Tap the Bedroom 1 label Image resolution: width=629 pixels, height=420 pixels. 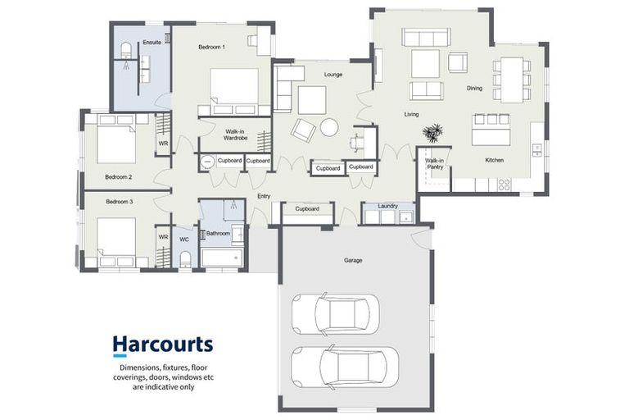pos(211,48)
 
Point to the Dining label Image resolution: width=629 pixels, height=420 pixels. pos(474,88)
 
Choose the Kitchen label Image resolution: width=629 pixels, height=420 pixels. pos(494,159)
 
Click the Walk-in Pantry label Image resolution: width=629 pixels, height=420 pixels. pos(434,164)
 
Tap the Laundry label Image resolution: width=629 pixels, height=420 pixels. pos(387,206)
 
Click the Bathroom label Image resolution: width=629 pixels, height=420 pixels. pos(218,233)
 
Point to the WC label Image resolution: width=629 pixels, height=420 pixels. pos(184,239)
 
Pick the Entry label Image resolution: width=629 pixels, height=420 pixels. pos(264,196)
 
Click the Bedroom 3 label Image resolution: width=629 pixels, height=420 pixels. pos(119,200)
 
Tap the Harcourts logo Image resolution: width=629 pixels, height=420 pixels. pos(162,345)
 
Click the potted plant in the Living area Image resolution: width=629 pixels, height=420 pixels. pos(432,131)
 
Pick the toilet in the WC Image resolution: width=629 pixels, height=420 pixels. pos(185,259)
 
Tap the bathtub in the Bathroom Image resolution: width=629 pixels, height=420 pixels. pos(221,259)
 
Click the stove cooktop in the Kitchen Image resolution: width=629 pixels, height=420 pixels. pos(504,185)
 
